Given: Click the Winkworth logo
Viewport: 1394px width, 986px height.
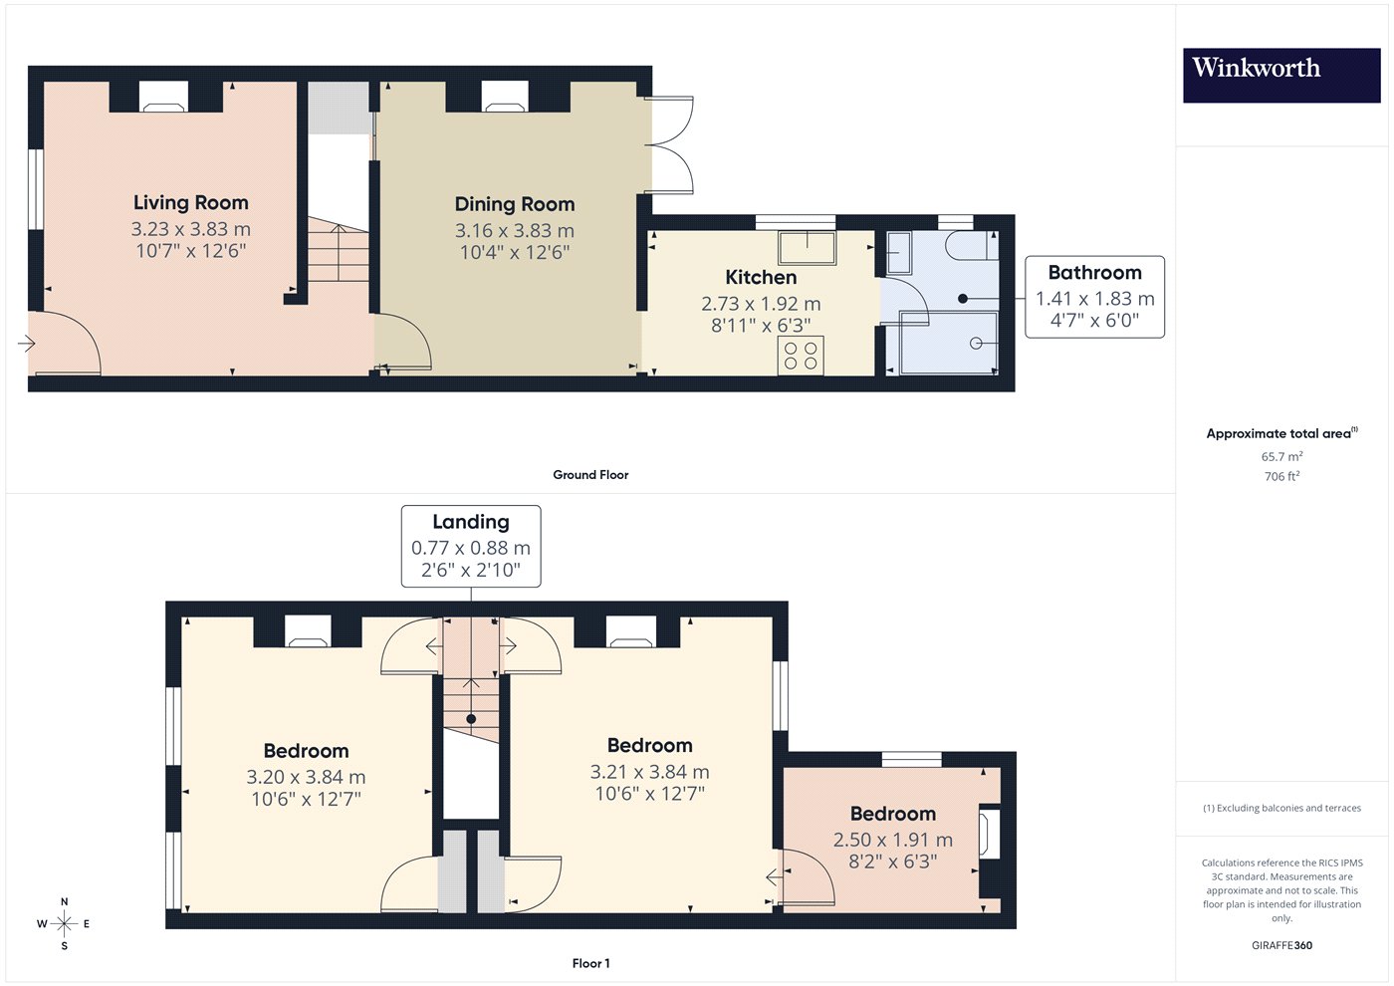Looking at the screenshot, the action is (x=1281, y=76).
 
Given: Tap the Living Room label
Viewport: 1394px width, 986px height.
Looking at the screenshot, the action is (x=191, y=202).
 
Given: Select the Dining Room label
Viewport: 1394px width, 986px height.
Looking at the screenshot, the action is (x=515, y=204).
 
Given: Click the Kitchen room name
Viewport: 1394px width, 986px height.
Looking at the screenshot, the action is (x=761, y=277).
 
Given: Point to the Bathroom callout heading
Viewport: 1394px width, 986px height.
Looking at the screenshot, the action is (x=1094, y=272).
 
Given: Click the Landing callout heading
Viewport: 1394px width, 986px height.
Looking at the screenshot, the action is (x=471, y=522).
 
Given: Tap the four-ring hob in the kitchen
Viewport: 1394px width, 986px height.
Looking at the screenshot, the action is (x=801, y=357).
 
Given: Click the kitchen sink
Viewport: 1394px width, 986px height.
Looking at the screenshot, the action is (x=808, y=247).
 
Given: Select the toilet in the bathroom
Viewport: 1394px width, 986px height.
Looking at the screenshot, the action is (x=972, y=245).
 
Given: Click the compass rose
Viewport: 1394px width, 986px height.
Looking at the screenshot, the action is (x=64, y=924).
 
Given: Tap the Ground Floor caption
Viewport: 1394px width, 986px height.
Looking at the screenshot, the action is (x=590, y=475).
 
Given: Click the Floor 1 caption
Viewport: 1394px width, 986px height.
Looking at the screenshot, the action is (x=590, y=964).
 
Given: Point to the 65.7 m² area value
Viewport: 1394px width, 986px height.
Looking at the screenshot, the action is (x=1282, y=456).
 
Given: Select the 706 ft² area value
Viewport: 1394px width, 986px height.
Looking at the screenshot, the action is (x=1282, y=476).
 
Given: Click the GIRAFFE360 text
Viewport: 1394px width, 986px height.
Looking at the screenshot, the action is (x=1282, y=945).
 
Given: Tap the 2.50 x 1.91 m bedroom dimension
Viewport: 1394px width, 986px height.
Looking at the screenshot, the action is (x=893, y=840).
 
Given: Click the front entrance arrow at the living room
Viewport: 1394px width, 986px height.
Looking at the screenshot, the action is (x=27, y=343).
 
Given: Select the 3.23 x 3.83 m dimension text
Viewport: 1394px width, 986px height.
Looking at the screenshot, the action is (x=191, y=229).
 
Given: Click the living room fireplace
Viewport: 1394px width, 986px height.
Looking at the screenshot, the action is (x=163, y=98).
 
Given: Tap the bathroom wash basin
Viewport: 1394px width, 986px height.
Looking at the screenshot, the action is (x=898, y=253).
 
